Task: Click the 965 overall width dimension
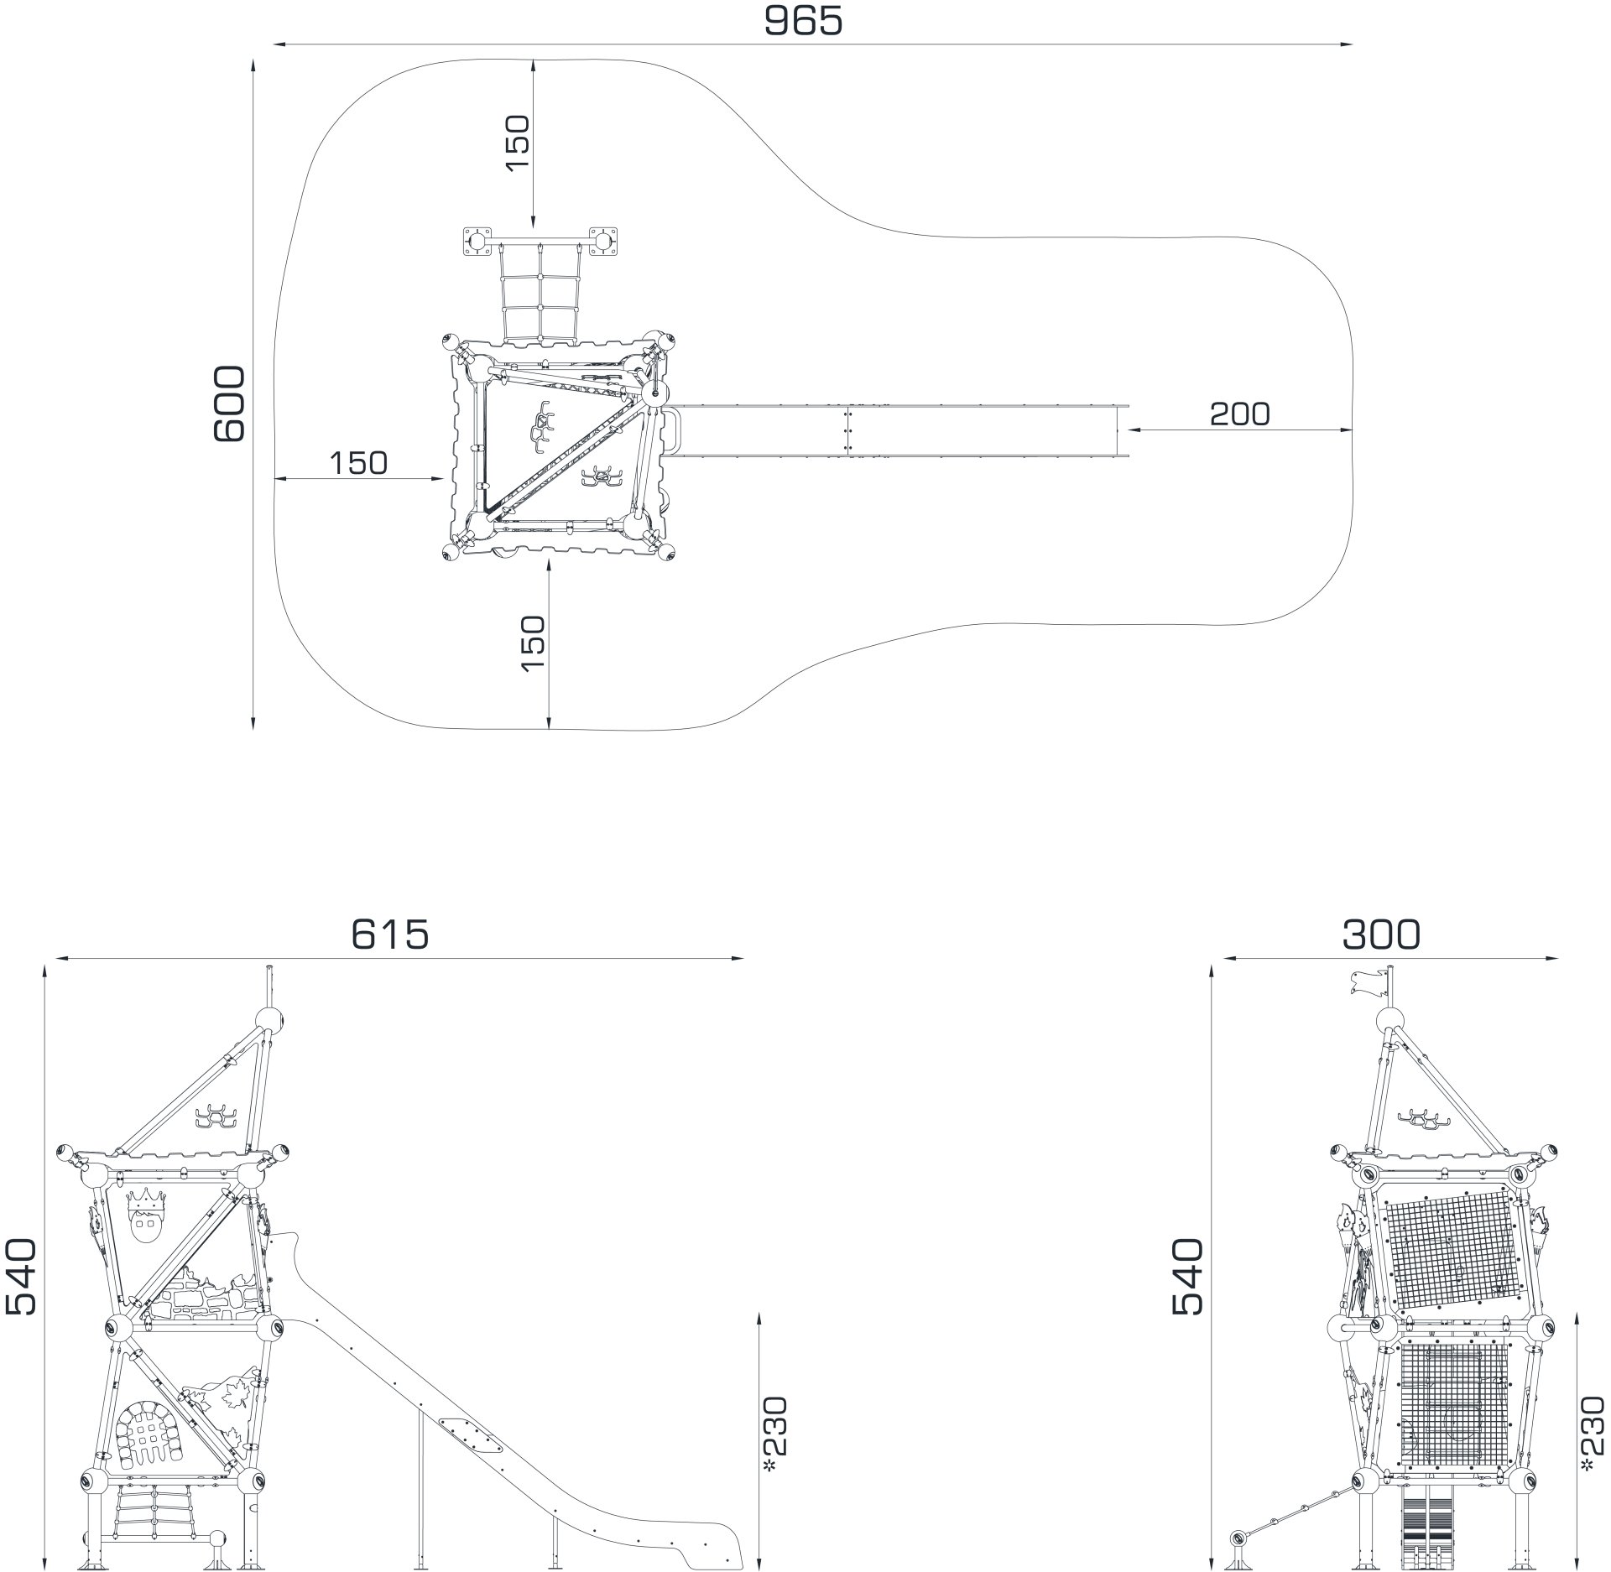coord(803,22)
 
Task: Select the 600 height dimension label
coord(229,403)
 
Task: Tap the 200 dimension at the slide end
coord(1239,414)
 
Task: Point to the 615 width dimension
coord(390,934)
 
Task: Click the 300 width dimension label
coord(1382,934)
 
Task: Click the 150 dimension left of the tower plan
coord(358,462)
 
